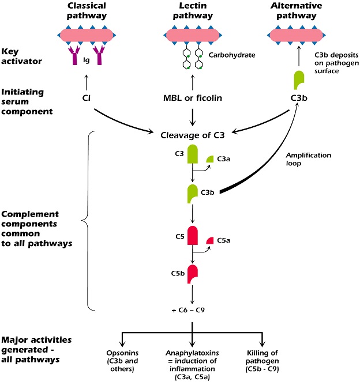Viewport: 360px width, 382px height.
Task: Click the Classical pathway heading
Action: pos(87,10)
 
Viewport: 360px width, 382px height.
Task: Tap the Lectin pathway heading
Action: pos(193,10)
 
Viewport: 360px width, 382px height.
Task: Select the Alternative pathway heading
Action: pos(297,10)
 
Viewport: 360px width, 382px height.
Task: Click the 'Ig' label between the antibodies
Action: pos(87,60)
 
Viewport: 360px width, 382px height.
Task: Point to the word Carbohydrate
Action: pos(232,55)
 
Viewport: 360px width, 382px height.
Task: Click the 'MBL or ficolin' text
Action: pos(193,98)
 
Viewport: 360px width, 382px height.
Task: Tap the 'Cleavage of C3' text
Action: pos(193,135)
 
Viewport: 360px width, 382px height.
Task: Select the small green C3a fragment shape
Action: pos(210,159)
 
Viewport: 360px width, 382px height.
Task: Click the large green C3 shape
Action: pos(193,154)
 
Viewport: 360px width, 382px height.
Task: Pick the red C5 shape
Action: pos(193,235)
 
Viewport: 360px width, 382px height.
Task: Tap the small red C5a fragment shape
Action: pos(210,240)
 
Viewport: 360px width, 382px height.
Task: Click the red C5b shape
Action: pos(193,274)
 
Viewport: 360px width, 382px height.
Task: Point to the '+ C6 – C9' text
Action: pos(188,310)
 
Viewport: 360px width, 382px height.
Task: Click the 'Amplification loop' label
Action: pos(309,159)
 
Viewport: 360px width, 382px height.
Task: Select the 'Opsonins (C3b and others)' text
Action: pos(122,361)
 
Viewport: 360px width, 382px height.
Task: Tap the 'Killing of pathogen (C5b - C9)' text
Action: pos(262,361)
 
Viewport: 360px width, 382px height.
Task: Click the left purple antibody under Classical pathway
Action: pos(74,55)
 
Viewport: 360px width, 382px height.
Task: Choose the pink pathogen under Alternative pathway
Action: pos(297,35)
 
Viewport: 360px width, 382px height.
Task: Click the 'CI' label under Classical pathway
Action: pos(87,98)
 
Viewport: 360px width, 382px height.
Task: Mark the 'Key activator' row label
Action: pos(21,56)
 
